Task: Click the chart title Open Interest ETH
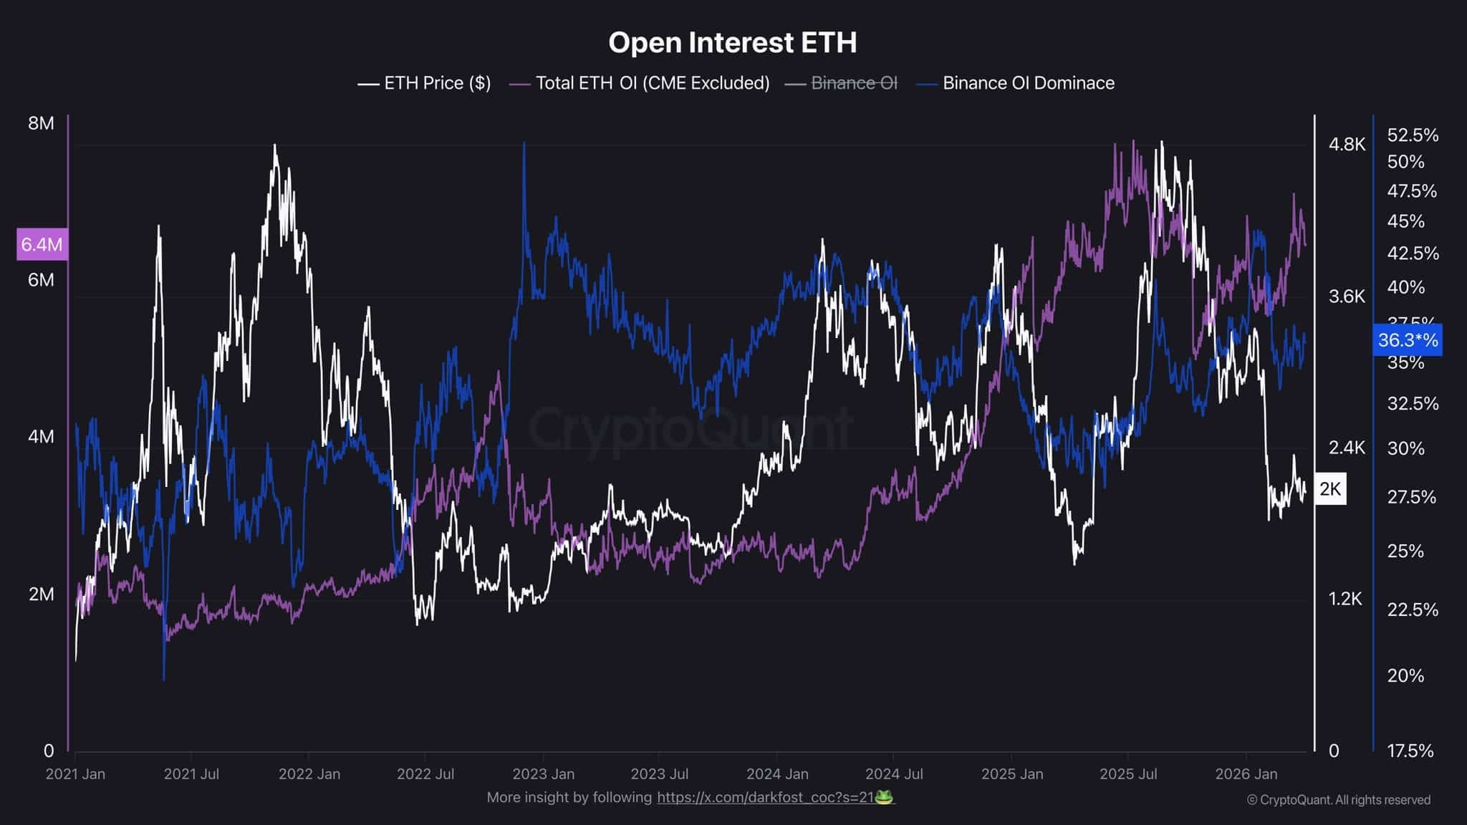pos(732,42)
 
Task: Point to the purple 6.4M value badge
pos(42,245)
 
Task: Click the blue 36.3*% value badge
pos(1407,340)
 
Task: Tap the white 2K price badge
pos(1330,489)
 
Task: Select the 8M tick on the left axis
pos(41,123)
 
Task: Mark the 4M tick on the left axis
pos(41,437)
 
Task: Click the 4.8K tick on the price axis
pos(1347,145)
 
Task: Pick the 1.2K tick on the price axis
pos(1345,599)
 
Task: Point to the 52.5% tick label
pos(1413,135)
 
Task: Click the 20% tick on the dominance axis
pos(1405,675)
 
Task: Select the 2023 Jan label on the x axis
pos(543,774)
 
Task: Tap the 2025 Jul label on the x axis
pos(1128,774)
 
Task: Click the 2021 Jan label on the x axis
pos(75,774)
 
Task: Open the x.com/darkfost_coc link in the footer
pos(764,797)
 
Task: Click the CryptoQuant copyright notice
pos(1338,800)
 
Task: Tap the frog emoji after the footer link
pos(885,797)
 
